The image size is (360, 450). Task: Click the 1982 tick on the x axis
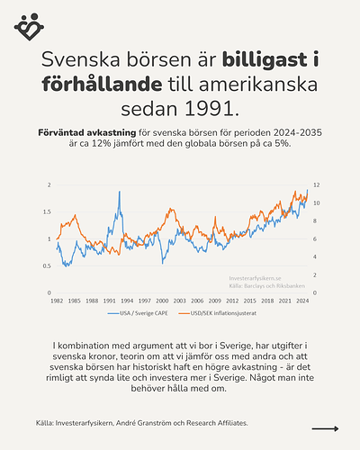56,301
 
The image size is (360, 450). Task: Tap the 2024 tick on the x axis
303,301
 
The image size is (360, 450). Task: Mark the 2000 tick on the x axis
162,301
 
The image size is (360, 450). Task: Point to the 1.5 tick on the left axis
49,211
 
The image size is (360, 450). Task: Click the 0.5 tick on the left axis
49,266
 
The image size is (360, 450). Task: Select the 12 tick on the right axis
316,184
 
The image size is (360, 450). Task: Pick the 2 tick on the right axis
314,274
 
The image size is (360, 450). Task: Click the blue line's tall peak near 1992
118,192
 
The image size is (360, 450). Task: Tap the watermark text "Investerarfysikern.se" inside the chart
256,280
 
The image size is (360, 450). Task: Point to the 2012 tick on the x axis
232,301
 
